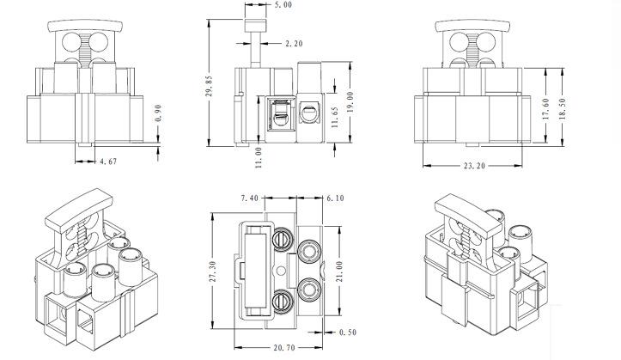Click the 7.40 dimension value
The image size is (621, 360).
click(250, 198)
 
